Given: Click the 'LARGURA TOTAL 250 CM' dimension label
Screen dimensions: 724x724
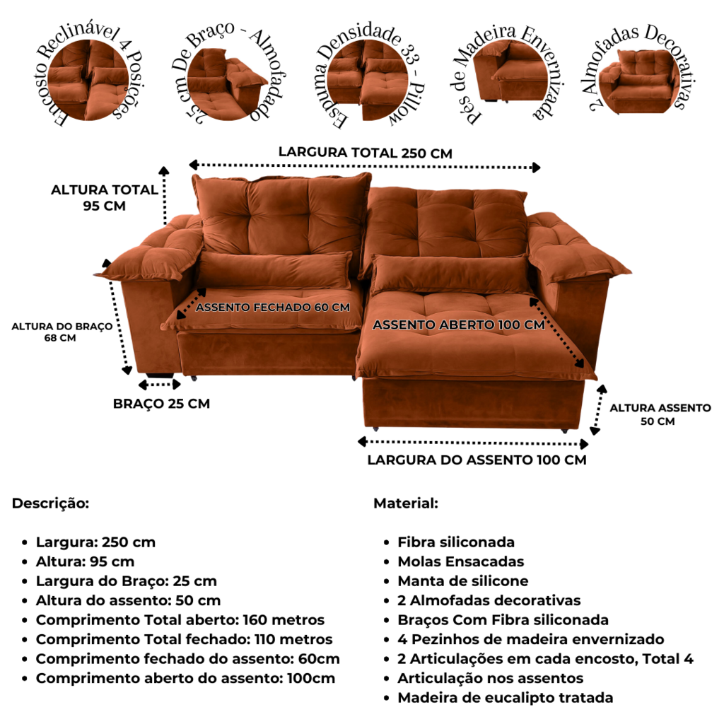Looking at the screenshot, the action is pyautogui.click(x=366, y=153).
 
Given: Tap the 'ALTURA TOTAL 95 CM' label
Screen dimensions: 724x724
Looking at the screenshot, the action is pyautogui.click(x=105, y=198).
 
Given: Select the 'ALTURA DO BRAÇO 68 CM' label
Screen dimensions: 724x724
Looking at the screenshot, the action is pyautogui.click(x=62, y=332).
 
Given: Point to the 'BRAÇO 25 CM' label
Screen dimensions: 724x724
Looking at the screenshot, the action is pyautogui.click(x=161, y=404).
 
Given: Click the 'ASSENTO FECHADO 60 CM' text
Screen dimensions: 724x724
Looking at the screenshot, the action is pyautogui.click(x=272, y=307).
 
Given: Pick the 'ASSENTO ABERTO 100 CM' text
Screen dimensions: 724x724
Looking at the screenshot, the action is pyautogui.click(x=458, y=325).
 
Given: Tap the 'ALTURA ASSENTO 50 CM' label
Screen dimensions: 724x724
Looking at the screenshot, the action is pyautogui.click(x=660, y=414).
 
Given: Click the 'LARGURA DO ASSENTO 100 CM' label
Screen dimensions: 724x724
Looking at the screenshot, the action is pyautogui.click(x=477, y=460).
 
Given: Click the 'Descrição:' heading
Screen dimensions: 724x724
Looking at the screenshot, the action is pyautogui.click(x=50, y=503).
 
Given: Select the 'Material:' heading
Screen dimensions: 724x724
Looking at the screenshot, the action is pyautogui.click(x=405, y=503).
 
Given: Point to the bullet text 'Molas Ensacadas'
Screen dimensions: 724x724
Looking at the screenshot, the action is pyautogui.click(x=461, y=561).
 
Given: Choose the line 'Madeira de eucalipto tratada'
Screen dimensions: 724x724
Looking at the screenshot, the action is pyautogui.click(x=505, y=698).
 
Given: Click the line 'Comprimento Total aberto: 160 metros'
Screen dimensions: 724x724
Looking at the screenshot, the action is pyautogui.click(x=180, y=619).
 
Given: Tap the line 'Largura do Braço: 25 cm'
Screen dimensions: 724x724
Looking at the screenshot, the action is pyautogui.click(x=126, y=581).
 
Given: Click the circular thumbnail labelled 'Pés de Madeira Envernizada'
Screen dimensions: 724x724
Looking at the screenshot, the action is pyautogui.click(x=508, y=74).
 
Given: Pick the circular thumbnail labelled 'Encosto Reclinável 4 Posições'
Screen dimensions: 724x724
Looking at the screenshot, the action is pyautogui.click(x=88, y=79).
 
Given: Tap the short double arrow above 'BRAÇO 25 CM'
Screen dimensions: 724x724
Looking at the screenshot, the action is pyautogui.click(x=159, y=384).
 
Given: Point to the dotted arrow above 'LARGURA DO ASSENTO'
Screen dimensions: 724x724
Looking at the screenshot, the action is pyautogui.click(x=473, y=443).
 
